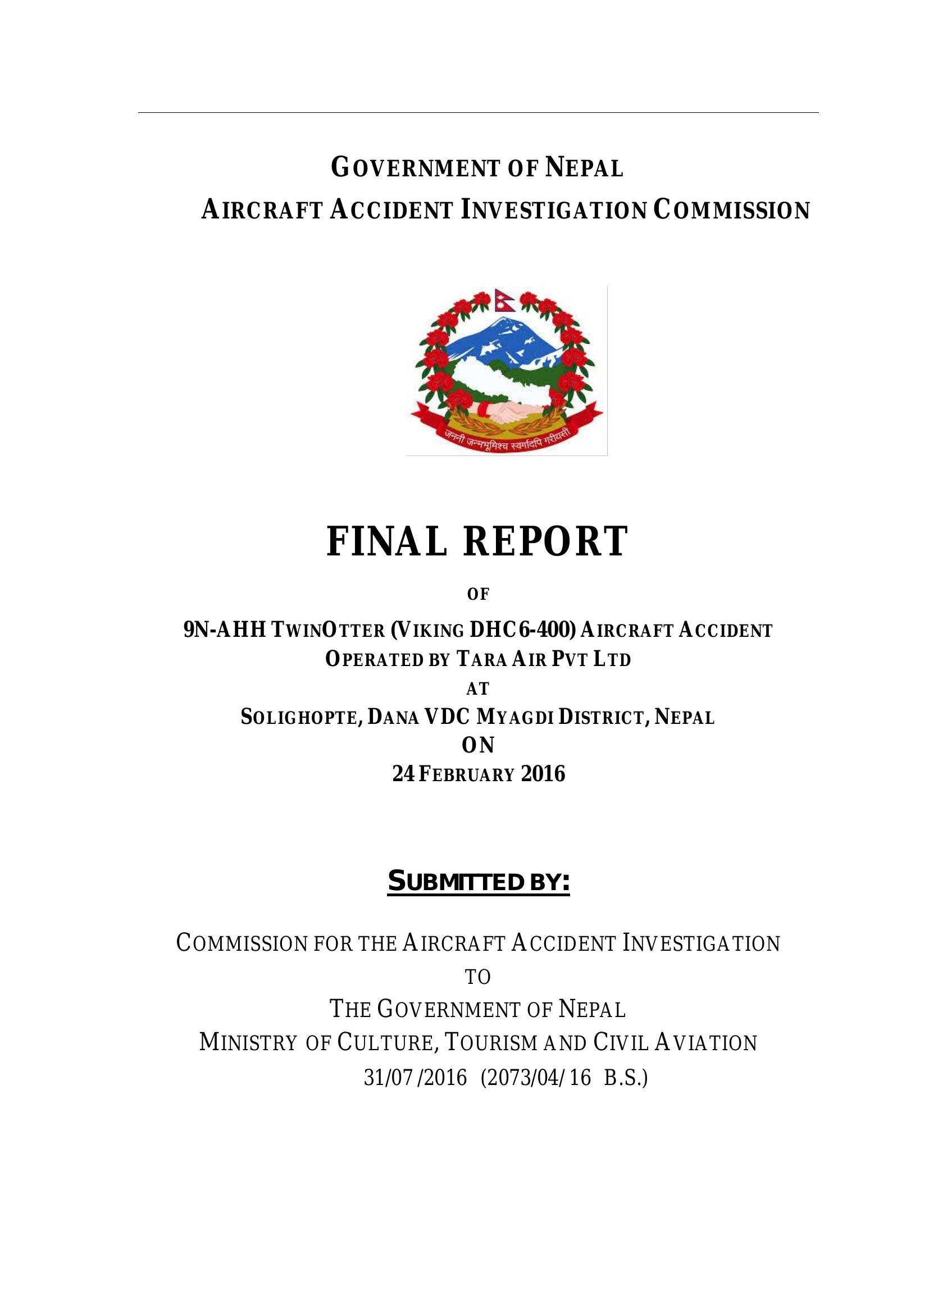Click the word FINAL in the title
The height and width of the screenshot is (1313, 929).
coord(386,541)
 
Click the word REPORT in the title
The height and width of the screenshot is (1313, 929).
coord(546,541)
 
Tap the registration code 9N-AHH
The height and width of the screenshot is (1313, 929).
coord(224,630)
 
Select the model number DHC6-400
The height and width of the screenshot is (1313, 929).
coord(522,630)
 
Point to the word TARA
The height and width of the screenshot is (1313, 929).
coord(482,659)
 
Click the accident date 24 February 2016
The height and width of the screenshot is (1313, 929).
coord(478,774)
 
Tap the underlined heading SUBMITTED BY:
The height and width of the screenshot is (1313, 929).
coord(478,881)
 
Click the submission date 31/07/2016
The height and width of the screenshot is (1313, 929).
coord(415,1078)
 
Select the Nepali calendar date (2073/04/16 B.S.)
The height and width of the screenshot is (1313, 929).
coord(563,1078)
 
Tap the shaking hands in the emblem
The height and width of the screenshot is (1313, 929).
coord(507,411)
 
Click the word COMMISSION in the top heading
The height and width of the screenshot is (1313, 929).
coord(732,211)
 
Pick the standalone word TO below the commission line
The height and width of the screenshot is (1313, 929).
coord(477,977)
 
